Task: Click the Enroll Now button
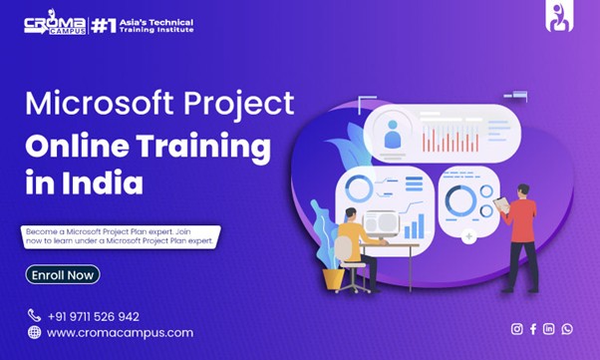[x=62, y=274]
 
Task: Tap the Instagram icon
[x=516, y=329]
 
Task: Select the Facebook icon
[x=533, y=329]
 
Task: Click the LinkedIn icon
[x=549, y=329]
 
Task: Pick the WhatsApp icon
[x=567, y=329]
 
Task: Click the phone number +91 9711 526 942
[x=93, y=316]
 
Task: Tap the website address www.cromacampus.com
[x=120, y=333]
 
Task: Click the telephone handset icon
[x=34, y=316]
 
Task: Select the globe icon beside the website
[x=34, y=333]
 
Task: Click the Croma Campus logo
[x=55, y=24]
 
